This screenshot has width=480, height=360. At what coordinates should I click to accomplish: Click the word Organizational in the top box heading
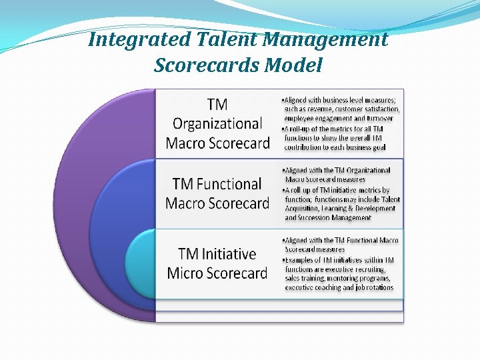tap(217, 123)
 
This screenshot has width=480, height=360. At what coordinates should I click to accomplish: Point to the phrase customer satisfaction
tap(367, 109)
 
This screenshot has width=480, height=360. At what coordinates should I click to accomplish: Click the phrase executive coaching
tap(313, 287)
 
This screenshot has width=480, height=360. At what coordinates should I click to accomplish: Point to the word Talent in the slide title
tap(227, 40)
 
